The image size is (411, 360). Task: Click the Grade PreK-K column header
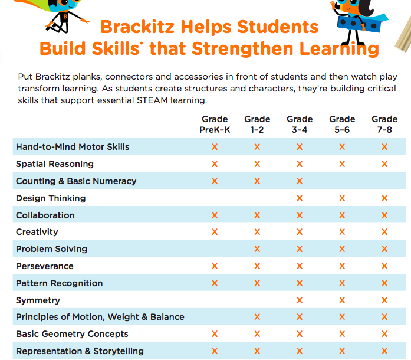tap(215, 124)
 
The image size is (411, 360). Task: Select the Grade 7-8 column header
tap(384, 124)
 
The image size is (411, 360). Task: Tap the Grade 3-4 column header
tap(300, 124)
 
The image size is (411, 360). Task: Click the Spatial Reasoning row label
tap(55, 164)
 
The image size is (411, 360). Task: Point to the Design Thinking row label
tap(51, 198)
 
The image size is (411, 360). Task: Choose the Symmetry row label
tap(38, 300)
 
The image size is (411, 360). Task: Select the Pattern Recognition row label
tap(59, 283)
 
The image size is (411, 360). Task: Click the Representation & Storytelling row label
tap(80, 351)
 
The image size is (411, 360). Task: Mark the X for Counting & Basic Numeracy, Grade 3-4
tap(300, 181)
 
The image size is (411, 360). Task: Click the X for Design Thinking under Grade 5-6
tap(342, 198)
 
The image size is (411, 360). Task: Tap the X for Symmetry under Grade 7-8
tap(384, 300)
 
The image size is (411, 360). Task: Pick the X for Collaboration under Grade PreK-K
tap(215, 215)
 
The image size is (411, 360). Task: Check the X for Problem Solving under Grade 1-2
tap(257, 249)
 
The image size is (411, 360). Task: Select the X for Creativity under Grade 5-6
tap(342, 232)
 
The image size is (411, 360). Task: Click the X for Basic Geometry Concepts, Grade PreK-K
tap(215, 334)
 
